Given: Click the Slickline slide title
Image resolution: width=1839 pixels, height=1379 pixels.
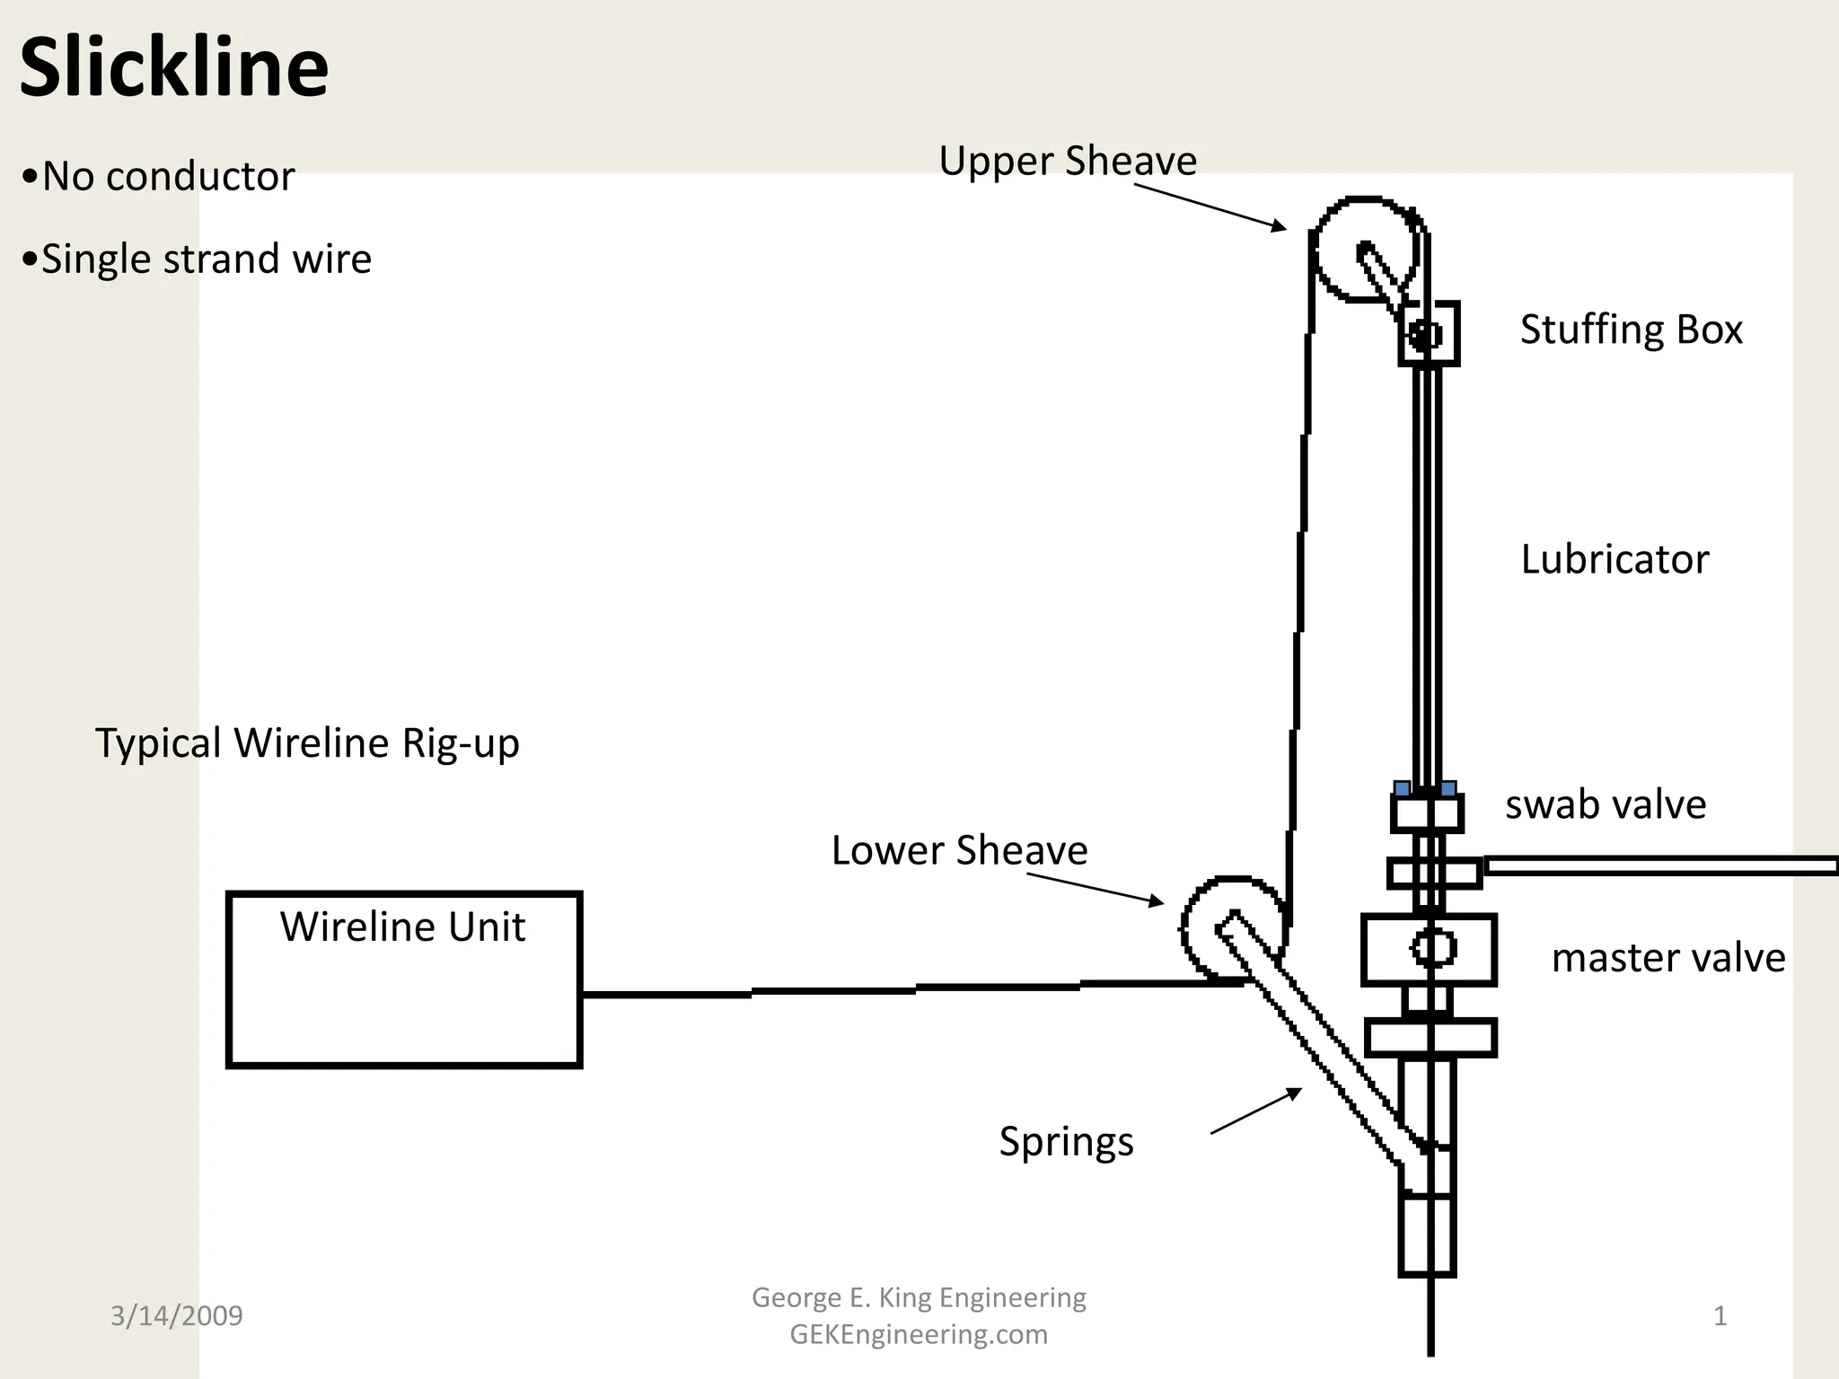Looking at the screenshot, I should click(174, 68).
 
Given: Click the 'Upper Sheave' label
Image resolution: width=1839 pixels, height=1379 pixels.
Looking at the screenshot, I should click(1067, 162).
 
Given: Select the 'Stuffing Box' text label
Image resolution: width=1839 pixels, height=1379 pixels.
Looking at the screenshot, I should click(1631, 329).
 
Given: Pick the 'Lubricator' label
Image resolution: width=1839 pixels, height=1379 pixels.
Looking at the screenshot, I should click(1614, 559).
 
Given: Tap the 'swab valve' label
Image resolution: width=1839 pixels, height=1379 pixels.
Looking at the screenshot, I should click(1605, 804).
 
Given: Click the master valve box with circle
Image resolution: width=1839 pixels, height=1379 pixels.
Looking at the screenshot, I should click(1428, 949).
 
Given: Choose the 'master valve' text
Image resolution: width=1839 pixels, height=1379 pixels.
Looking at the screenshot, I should click(1667, 958).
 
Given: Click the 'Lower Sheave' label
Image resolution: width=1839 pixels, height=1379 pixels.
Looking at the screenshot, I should click(959, 850).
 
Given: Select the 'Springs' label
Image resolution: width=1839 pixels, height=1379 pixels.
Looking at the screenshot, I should click(1066, 1142).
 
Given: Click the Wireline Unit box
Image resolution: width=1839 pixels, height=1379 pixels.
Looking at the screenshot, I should click(404, 979).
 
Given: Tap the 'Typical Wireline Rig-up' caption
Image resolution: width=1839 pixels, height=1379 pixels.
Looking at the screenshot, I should click(307, 743).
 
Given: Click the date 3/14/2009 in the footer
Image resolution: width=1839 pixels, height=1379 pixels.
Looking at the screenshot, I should click(176, 1316).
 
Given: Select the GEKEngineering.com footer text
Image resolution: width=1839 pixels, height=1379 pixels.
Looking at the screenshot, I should click(919, 1335).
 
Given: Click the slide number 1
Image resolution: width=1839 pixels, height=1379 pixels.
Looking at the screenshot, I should click(1720, 1316).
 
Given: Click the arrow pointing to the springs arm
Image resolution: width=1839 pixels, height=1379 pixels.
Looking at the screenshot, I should click(1255, 1111).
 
